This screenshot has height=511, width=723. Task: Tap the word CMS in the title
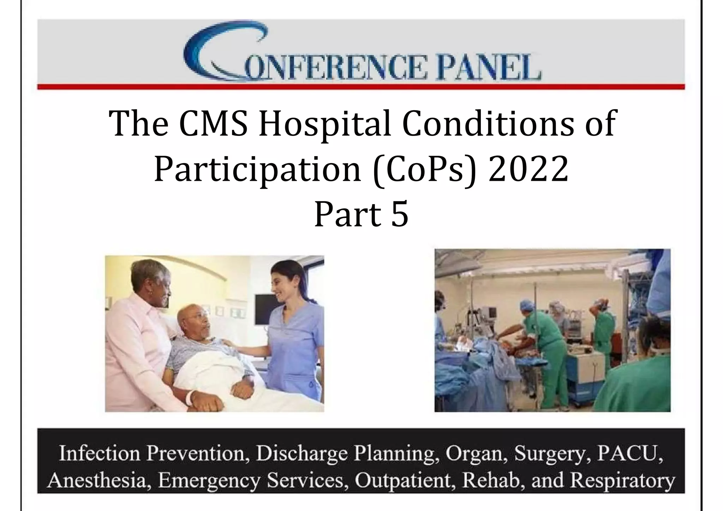[x=213, y=124]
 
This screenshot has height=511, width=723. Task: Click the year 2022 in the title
[x=528, y=170]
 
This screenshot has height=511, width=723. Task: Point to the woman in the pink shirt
[x=141, y=335]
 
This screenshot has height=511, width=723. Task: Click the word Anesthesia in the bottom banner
[x=100, y=480]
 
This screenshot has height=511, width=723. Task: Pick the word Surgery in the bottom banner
[x=551, y=453]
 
